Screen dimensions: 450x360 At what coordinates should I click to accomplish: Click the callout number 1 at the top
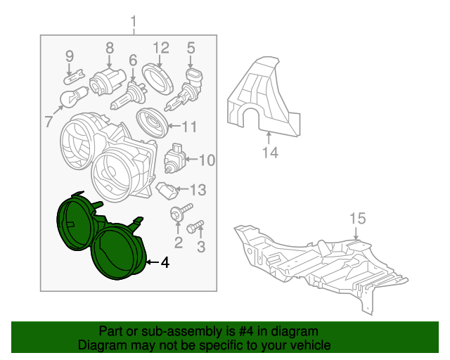click(134, 22)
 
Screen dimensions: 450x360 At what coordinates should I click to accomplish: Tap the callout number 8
click(110, 48)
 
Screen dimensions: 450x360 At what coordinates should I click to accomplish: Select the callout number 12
click(161, 48)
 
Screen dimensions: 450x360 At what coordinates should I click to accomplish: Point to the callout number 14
click(270, 153)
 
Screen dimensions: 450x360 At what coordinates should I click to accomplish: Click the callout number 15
click(358, 219)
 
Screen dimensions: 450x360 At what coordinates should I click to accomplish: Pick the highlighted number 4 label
click(165, 262)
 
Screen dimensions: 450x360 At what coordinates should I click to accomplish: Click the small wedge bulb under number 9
click(75, 77)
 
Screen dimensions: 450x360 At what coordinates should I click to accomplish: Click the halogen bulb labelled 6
click(129, 96)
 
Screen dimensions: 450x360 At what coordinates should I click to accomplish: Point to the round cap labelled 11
click(152, 123)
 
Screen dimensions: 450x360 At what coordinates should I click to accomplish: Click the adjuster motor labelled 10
click(174, 158)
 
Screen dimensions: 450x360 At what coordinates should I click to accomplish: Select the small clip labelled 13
click(167, 191)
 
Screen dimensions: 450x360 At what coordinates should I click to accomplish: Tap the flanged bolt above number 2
click(181, 212)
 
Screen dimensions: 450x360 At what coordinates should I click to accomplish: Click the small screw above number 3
click(195, 226)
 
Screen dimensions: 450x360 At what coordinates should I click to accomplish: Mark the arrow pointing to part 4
click(152, 262)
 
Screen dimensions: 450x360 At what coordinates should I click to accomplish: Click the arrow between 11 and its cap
click(175, 126)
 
